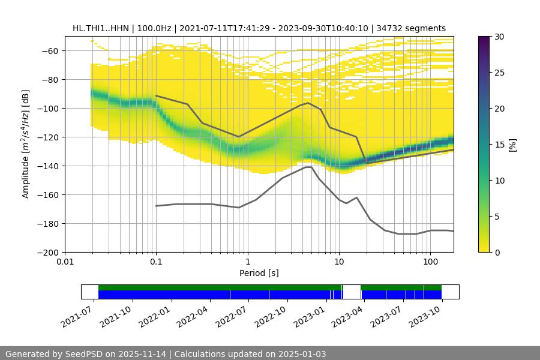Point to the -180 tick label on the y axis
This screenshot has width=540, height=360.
pos(49,223)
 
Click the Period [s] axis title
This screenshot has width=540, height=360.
pos(259,273)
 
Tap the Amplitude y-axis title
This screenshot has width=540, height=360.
pos(26,144)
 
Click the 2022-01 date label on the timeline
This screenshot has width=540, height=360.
pos(158,313)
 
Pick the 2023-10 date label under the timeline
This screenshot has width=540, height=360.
pos(428,313)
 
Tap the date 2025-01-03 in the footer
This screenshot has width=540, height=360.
pos(303,354)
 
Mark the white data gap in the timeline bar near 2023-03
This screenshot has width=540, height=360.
pos(352,292)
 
